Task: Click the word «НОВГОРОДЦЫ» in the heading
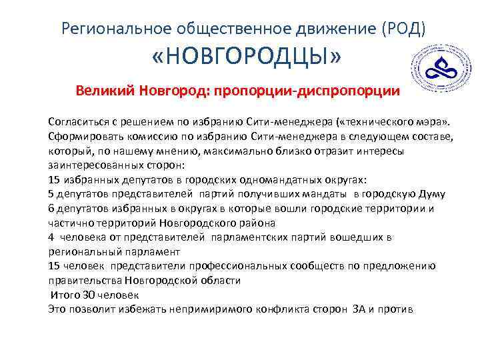tap(245, 59)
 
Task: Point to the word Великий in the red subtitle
tap(105, 90)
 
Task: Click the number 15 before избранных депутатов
tap(55, 179)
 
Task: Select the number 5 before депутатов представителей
tap(51, 194)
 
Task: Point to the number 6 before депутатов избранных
tap(51, 208)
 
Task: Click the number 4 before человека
tap(51, 237)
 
